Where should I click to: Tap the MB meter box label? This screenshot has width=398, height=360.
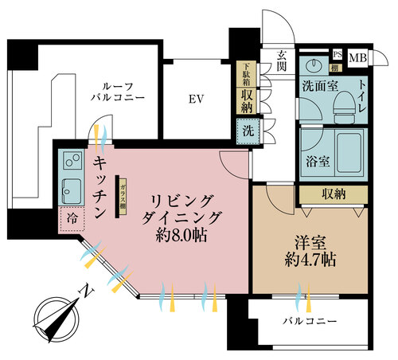(357, 57)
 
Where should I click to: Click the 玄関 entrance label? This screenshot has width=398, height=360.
(281, 61)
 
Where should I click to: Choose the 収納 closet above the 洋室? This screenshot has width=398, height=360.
(333, 193)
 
